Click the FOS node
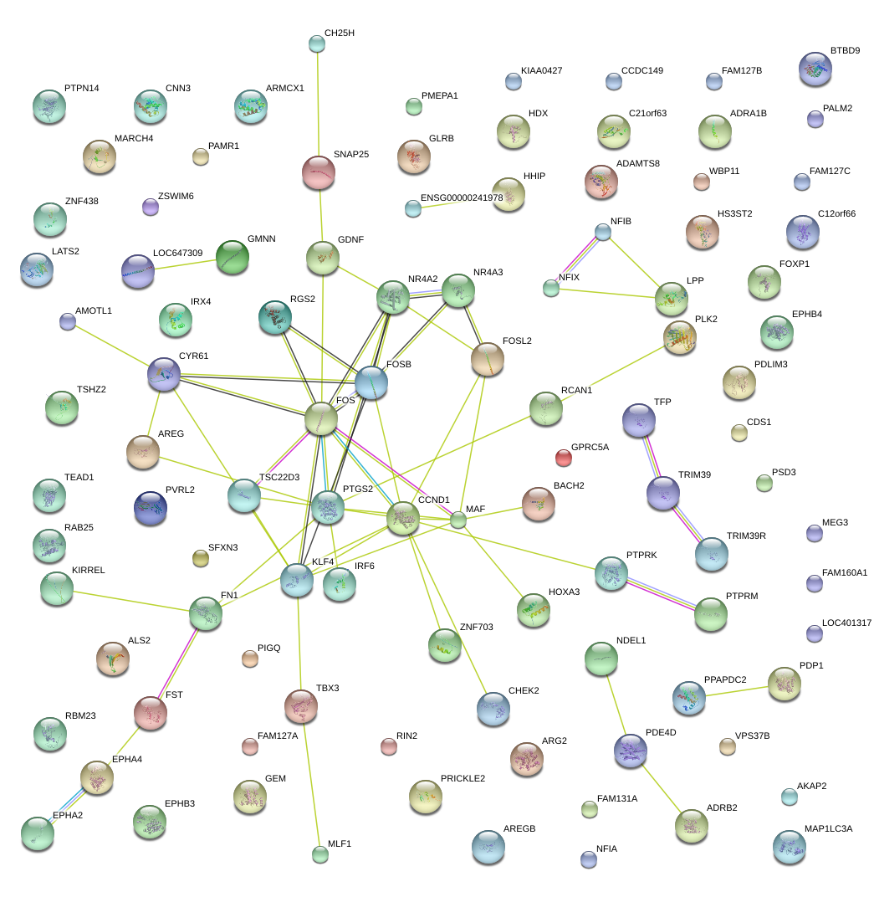pyautogui.click(x=321, y=418)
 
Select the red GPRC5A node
pyautogui.click(x=564, y=457)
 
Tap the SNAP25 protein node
pyautogui.click(x=318, y=172)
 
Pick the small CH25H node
pyautogui.click(x=316, y=42)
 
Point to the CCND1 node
pyautogui.click(x=402, y=519)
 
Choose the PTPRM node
pyautogui.click(x=711, y=613)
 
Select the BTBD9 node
pyautogui.click(x=815, y=69)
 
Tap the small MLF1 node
pyautogui.click(x=319, y=853)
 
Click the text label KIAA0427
pyautogui.click(x=541, y=70)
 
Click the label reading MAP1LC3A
pyautogui.click(x=828, y=828)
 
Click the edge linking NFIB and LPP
pyautogui.click(x=636, y=264)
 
